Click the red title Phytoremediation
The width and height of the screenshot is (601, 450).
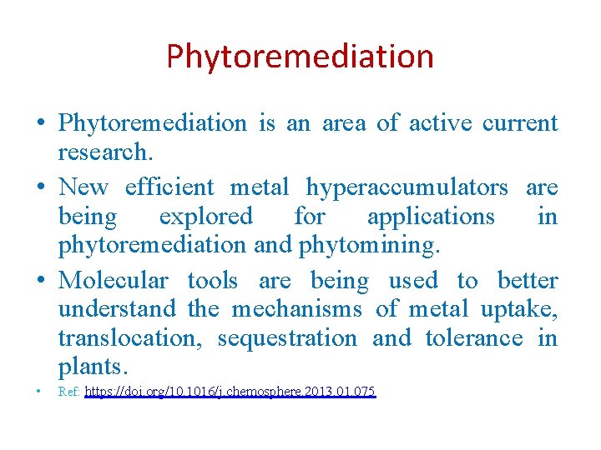300,57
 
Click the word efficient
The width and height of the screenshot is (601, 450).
169,187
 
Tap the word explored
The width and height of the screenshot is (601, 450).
205,217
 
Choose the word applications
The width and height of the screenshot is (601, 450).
431,217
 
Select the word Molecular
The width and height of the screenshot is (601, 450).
113,280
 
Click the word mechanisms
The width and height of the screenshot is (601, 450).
296,310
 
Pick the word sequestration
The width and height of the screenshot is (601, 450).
287,339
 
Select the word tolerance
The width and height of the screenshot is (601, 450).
474,339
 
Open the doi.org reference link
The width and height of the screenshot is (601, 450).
230,391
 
